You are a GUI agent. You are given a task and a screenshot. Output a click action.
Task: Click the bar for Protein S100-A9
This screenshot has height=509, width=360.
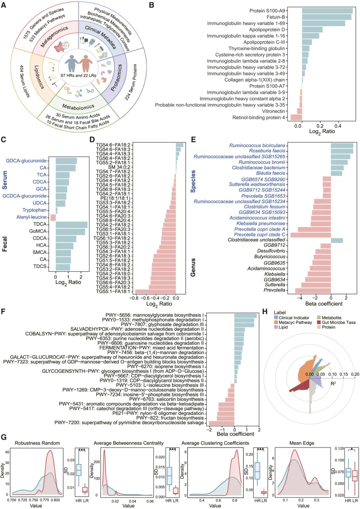(327, 11)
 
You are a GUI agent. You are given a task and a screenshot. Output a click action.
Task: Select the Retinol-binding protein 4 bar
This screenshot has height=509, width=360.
(296, 117)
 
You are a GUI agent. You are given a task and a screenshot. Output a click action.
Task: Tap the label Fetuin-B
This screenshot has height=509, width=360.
(276, 17)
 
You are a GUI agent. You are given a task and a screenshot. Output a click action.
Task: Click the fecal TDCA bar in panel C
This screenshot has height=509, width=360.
(71, 224)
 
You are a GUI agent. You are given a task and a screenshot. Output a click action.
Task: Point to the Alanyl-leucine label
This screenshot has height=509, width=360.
(31, 217)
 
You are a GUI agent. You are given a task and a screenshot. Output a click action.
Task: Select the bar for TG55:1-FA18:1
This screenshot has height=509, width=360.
(155, 291)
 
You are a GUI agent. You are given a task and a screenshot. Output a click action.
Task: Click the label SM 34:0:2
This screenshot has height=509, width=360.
(119, 167)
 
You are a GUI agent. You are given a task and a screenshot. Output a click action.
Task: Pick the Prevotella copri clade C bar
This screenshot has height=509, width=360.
(310, 235)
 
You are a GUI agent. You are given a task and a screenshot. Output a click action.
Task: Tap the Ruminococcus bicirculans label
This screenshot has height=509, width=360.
(257, 146)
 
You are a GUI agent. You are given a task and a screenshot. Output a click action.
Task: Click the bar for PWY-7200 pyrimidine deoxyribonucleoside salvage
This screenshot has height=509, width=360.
(221, 423)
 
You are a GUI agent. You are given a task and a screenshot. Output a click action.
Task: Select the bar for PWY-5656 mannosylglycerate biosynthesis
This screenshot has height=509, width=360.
(245, 315)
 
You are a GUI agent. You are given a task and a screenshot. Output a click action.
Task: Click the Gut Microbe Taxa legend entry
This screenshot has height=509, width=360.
(338, 322)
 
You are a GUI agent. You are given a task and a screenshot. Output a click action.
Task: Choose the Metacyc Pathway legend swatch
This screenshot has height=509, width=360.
(276, 322)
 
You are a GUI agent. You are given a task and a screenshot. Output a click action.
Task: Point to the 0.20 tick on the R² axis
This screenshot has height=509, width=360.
(355, 374)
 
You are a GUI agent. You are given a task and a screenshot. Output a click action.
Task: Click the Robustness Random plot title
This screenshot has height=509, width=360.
(37, 443)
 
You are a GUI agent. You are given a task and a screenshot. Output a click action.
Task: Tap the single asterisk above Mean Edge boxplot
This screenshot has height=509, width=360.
(352, 449)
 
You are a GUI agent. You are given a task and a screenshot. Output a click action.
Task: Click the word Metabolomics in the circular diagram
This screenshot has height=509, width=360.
(78, 107)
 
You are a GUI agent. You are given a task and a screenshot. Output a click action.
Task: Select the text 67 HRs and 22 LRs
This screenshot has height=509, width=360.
(78, 76)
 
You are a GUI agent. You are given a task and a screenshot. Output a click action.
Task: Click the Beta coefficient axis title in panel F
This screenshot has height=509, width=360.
(235, 434)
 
